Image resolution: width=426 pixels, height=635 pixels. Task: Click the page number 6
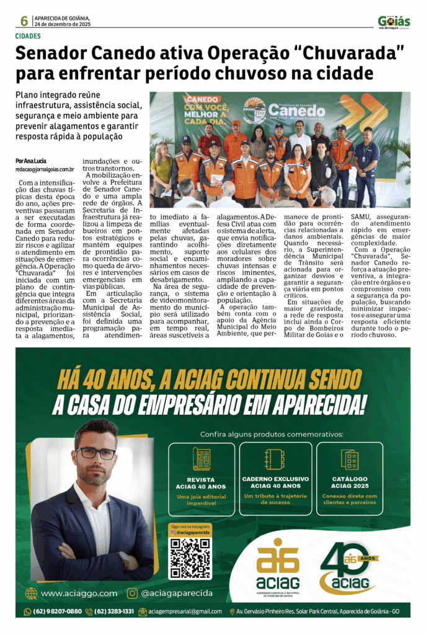24,21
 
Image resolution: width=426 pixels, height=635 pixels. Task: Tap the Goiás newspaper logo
394,22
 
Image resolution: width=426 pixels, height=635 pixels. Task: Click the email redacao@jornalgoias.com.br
45,169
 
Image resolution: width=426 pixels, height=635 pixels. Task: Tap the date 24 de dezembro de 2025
62,24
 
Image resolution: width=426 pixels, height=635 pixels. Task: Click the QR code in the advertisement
190,557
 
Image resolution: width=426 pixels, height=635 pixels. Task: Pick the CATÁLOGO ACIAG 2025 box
349,479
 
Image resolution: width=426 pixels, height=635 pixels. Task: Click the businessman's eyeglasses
96,453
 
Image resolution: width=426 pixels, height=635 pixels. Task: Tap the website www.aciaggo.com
79,593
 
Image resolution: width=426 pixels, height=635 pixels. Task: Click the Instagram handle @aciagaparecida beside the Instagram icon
177,593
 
